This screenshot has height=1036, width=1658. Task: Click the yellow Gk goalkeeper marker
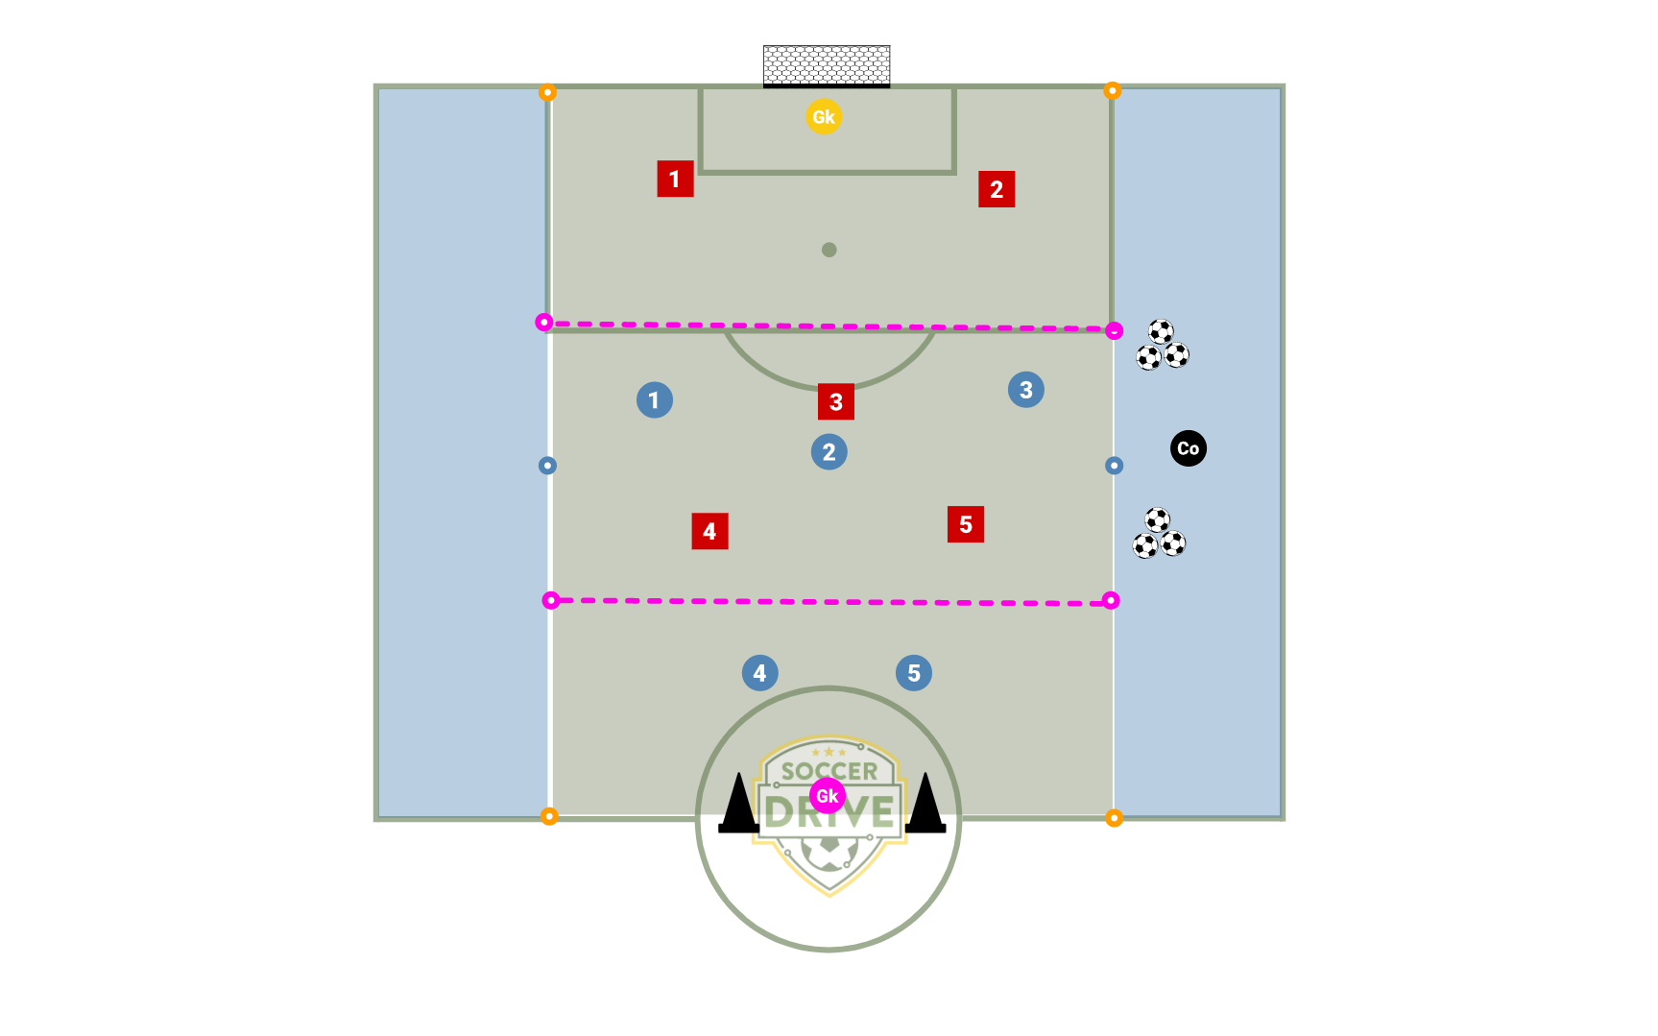[824, 117]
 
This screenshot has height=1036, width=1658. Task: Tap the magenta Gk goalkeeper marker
[827, 796]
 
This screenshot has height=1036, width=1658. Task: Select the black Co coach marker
[1189, 448]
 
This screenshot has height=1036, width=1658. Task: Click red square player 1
[675, 179]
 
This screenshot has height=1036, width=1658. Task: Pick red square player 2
[997, 189]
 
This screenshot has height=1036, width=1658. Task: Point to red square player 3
[836, 401]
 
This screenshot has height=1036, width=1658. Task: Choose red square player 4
[709, 531]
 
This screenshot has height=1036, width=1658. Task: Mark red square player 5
[966, 524]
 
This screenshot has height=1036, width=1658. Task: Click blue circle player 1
[655, 399]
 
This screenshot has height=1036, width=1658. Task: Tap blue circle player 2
[829, 451]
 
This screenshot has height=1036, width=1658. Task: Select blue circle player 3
[1026, 390]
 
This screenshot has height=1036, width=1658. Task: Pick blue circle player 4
[760, 673]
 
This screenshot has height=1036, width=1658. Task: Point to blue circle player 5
[914, 673]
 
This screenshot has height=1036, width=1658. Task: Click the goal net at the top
[827, 66]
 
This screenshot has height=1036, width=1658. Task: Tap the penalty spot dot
[829, 250]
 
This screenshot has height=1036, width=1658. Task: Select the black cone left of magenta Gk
[739, 803]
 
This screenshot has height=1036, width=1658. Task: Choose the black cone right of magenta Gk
[925, 803]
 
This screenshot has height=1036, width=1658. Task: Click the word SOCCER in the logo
[829, 771]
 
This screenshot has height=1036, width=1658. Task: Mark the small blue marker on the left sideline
[547, 466]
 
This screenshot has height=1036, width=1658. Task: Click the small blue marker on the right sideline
[1114, 466]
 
